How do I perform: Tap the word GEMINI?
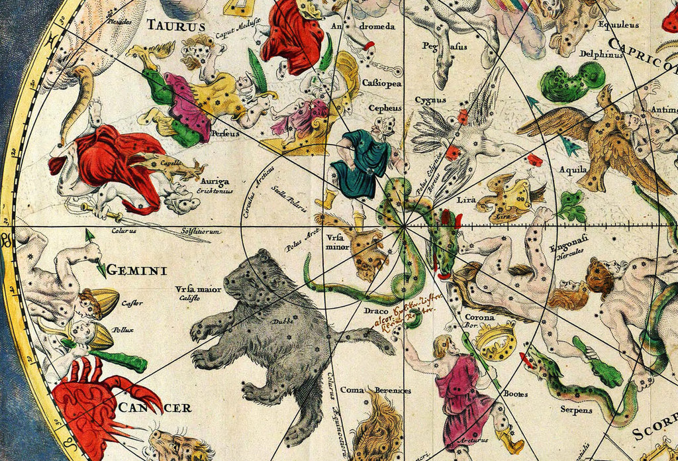click(x=136, y=270)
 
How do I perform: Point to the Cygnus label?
click(x=426, y=100)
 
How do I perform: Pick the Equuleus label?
click(x=617, y=25)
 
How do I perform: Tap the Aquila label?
click(x=573, y=170)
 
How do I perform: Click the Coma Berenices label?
click(x=375, y=390)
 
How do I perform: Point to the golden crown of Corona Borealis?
click(x=495, y=340)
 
